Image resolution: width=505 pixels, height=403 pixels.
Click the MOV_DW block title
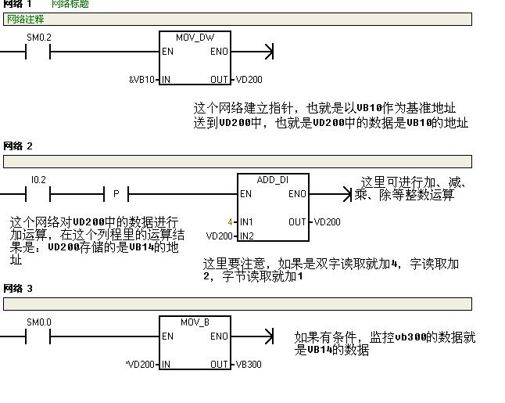click(x=195, y=37)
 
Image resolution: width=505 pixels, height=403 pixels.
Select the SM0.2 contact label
click(x=38, y=37)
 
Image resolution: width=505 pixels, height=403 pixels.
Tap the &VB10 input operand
click(x=143, y=79)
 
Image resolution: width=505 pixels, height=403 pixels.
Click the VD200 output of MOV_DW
click(x=249, y=79)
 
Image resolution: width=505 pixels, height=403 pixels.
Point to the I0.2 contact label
click(x=38, y=180)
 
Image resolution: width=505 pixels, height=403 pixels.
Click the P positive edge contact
click(x=116, y=194)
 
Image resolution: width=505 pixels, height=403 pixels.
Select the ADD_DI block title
click(x=273, y=180)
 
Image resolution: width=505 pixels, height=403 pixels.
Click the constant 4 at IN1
click(x=230, y=222)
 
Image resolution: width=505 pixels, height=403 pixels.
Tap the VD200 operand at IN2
click(x=220, y=236)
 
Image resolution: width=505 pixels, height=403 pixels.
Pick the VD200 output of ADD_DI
click(x=327, y=222)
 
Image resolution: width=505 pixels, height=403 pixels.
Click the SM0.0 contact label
click(x=38, y=322)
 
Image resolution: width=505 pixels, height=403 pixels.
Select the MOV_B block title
click(x=195, y=322)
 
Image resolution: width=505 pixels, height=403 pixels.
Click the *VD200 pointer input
click(x=141, y=364)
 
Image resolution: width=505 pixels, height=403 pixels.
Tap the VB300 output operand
click(x=249, y=364)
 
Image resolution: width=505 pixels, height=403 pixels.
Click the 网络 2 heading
click(x=18, y=146)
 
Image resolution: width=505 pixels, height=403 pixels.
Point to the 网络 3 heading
click(x=18, y=289)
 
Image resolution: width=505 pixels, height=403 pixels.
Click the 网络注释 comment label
click(x=25, y=19)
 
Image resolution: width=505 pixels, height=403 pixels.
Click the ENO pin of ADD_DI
click(x=297, y=194)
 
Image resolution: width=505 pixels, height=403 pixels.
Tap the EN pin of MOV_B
click(x=167, y=336)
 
